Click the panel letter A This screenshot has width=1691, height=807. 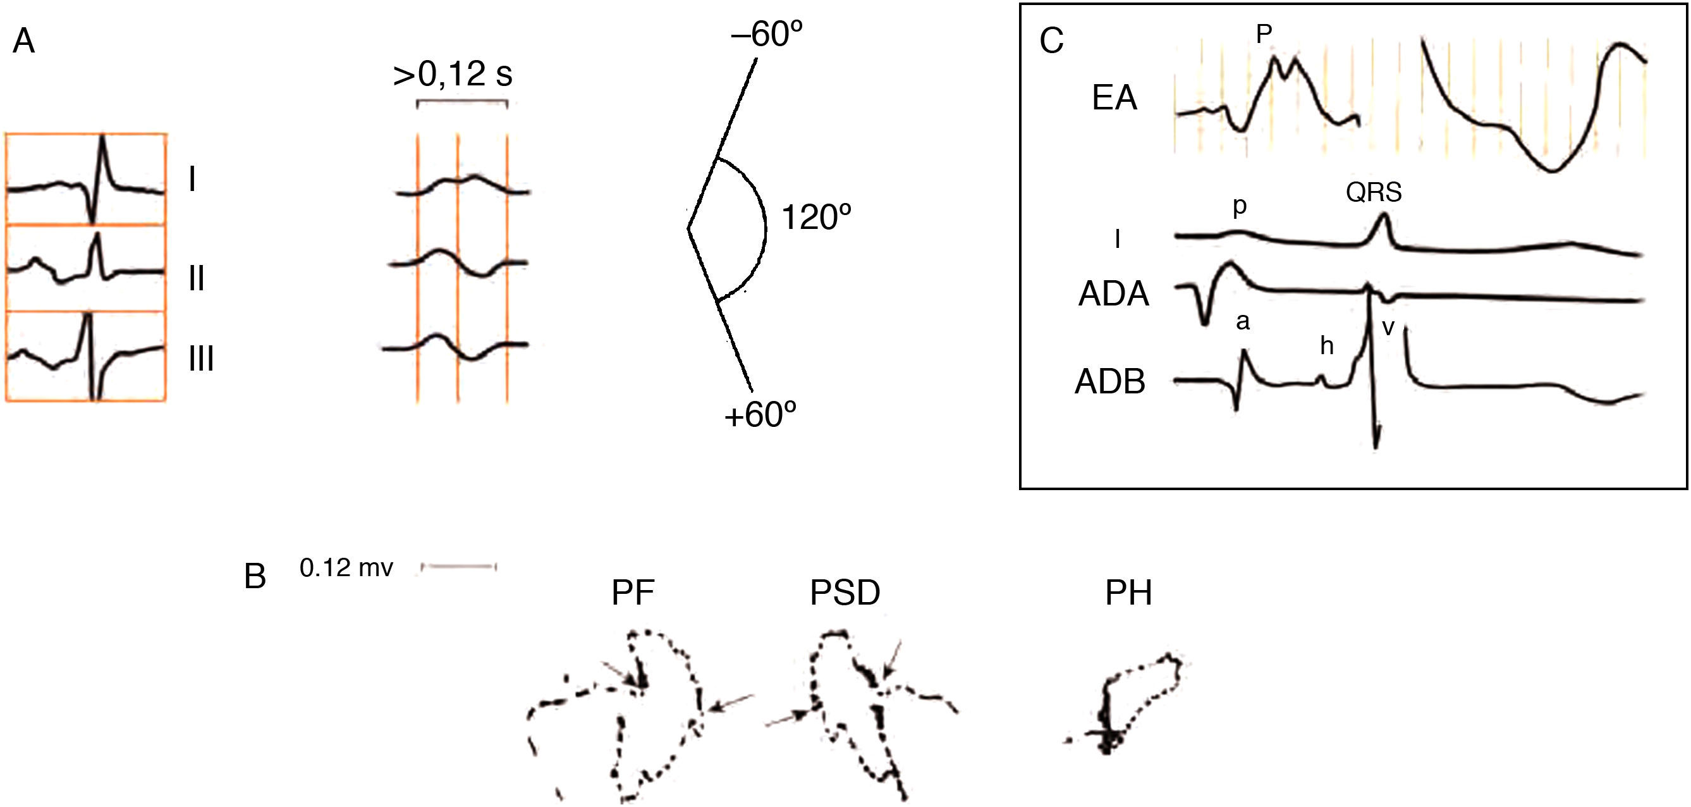[23, 41]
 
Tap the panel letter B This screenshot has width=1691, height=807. [255, 577]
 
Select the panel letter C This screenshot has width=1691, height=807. [1051, 41]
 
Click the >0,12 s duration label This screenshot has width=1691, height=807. [453, 74]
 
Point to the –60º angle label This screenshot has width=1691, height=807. [767, 34]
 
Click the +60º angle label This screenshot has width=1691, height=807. [760, 415]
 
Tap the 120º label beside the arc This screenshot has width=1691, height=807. [816, 218]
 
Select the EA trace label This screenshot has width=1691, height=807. [1114, 99]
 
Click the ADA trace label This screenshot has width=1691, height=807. [1113, 293]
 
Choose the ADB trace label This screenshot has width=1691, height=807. [1110, 381]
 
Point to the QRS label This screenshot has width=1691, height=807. [1373, 192]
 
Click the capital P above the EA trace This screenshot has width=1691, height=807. [1264, 34]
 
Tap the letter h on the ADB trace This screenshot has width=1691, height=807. [1327, 345]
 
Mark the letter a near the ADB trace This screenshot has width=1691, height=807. [1243, 322]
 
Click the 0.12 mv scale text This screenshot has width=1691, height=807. [346, 568]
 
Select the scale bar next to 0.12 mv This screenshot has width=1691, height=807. [459, 567]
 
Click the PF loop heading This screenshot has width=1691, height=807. [633, 593]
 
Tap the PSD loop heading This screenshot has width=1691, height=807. [845, 593]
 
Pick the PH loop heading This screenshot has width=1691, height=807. [1128, 593]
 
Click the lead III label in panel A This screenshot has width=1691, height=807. [202, 359]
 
